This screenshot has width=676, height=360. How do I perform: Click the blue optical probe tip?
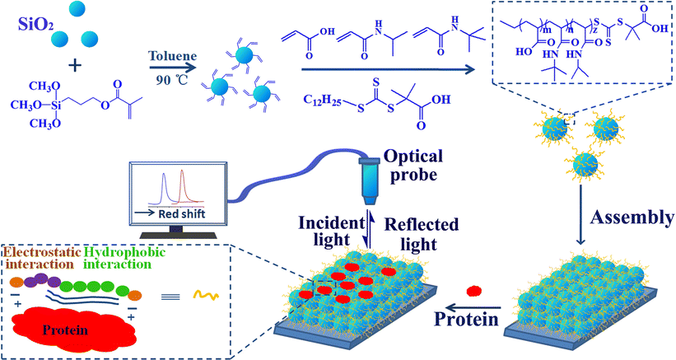pos(367,189)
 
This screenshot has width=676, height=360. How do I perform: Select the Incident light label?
pos(327,231)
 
